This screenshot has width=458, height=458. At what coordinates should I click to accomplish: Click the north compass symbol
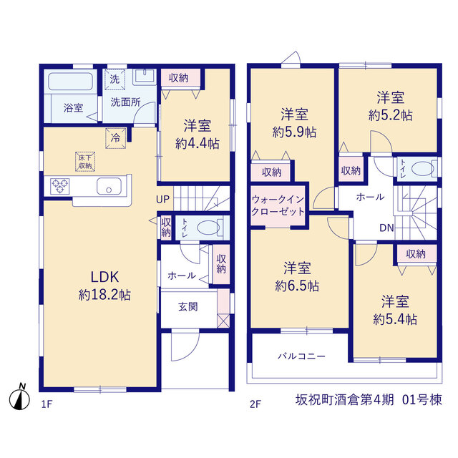19,397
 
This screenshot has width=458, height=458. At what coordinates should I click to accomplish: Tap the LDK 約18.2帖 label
104,286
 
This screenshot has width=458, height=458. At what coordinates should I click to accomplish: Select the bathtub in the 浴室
70,81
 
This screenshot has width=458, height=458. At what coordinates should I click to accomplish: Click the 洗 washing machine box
114,79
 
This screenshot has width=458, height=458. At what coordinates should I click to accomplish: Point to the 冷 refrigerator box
116,138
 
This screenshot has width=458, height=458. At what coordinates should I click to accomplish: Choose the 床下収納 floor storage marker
85,162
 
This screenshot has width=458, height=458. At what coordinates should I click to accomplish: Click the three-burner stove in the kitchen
60,186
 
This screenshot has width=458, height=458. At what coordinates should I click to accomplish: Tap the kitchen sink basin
109,186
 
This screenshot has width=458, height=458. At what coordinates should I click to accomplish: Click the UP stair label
162,200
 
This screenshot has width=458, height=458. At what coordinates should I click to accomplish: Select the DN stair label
386,228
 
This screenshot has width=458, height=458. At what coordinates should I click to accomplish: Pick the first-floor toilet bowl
208,228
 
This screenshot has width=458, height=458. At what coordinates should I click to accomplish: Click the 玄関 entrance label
187,307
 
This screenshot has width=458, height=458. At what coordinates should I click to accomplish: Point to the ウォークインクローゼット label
278,205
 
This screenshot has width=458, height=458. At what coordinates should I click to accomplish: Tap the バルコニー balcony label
301,356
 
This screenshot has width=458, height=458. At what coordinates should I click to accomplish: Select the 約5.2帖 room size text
390,115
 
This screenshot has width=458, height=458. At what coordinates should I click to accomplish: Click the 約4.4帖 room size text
198,144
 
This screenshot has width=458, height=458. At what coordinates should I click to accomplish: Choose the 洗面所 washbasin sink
145,77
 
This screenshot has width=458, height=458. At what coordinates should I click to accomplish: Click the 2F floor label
255,404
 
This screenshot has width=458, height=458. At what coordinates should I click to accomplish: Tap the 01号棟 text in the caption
422,400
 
